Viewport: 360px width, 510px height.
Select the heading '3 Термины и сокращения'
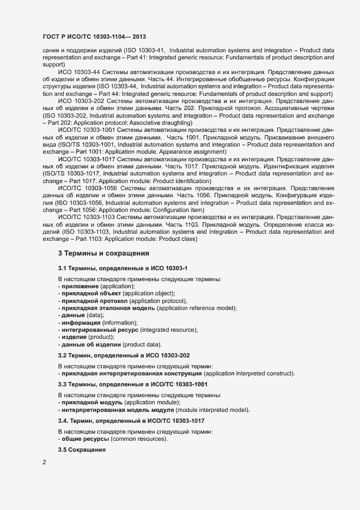point(103,253)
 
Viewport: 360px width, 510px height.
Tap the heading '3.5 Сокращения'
point(82,451)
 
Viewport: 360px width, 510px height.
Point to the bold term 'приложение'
point(80,286)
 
